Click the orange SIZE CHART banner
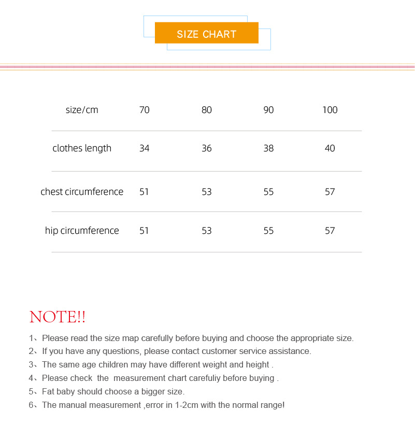coord(206,34)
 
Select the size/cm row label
coord(82,110)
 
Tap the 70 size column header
coord(145,110)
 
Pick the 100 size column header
coord(330,110)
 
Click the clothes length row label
coord(82,148)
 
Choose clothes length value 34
coord(145,148)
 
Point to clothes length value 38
coord(268,148)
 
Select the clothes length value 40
coord(330,148)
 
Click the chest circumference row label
coord(82,192)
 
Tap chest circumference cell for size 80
coord(207,192)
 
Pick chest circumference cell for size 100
coord(330,192)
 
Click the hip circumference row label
coord(82,231)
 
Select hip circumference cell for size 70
coord(145,231)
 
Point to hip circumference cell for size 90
coord(268,231)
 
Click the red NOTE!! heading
coord(58,317)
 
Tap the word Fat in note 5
coord(49,391)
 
